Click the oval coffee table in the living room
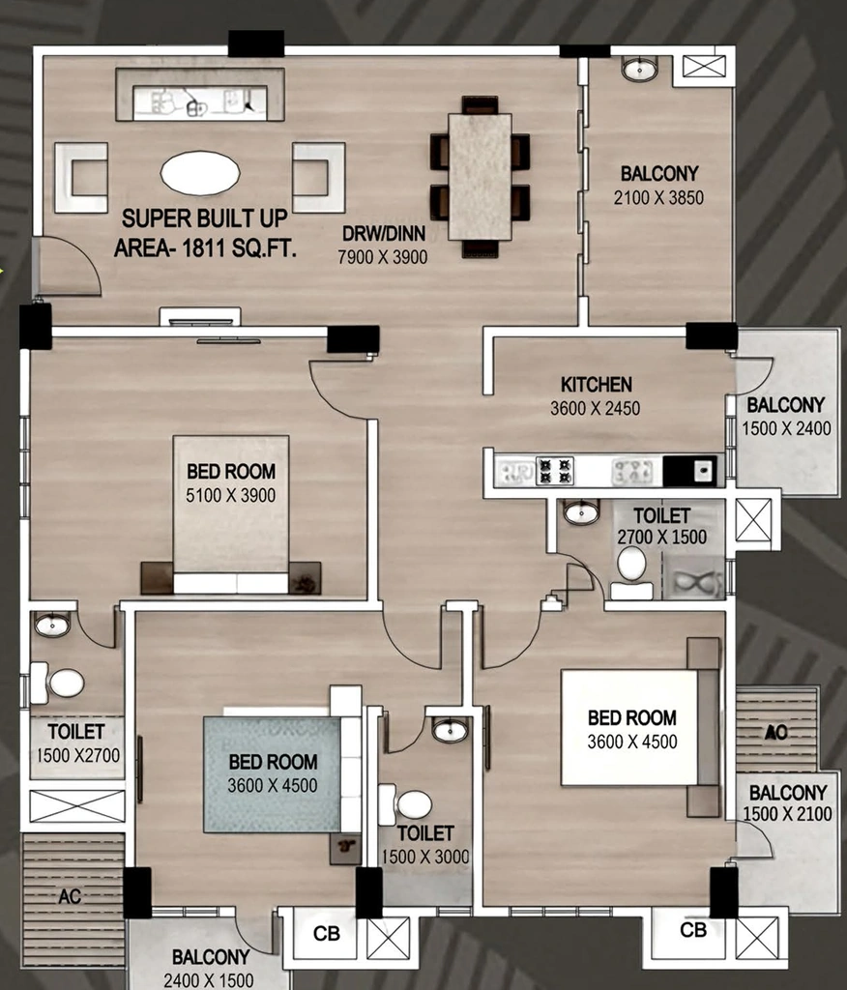[200, 173]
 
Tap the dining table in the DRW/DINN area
[480, 177]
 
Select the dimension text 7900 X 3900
[383, 257]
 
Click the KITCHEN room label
[597, 385]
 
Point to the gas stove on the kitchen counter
[555, 471]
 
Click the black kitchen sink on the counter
[689, 471]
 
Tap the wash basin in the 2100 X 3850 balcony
[639, 69]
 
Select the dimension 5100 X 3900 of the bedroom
[230, 496]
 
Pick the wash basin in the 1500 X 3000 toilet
[451, 730]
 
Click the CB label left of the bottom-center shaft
[327, 933]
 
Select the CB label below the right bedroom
[693, 930]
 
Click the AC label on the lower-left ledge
[70, 896]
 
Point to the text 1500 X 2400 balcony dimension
[786, 428]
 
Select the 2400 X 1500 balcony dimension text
[209, 980]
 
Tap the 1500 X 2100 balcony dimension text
[788, 814]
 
